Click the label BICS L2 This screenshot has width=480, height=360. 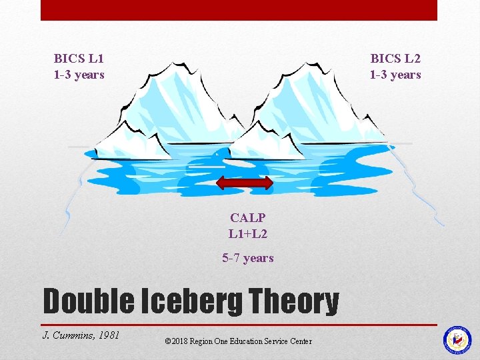tap(395, 58)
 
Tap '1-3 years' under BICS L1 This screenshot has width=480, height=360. tap(79, 74)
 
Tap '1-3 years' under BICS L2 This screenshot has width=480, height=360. tap(395, 74)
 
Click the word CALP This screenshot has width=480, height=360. tap(248, 217)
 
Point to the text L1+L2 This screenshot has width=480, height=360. tap(248, 233)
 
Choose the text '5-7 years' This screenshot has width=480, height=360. tap(248, 258)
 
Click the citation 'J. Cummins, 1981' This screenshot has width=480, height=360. tap(81, 335)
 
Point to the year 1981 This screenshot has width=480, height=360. tap(108, 335)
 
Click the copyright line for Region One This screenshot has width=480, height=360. tap(238, 341)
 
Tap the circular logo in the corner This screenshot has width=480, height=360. tap(457, 339)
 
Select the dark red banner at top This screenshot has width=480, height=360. tap(239, 10)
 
